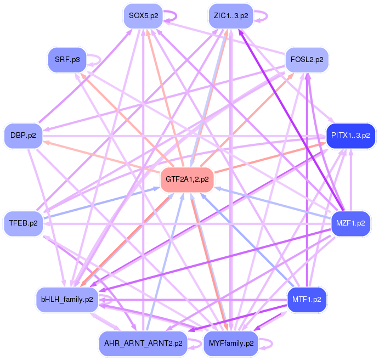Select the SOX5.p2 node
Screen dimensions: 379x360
(x=144, y=15)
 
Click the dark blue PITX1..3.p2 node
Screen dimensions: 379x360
(x=349, y=134)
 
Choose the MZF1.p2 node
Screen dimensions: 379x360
(x=350, y=223)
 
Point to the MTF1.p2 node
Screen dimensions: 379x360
(x=307, y=300)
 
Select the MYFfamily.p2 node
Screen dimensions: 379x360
(x=231, y=344)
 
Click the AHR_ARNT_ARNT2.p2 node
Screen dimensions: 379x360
(x=143, y=344)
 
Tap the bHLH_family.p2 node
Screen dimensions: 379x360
(x=67, y=300)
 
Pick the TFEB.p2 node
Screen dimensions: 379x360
(x=24, y=223)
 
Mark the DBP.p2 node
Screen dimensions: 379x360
(x=24, y=134)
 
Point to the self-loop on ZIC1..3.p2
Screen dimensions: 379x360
(x=262, y=15)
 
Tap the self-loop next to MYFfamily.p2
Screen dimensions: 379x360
(x=267, y=344)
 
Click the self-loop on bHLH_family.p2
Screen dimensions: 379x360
(x=108, y=300)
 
